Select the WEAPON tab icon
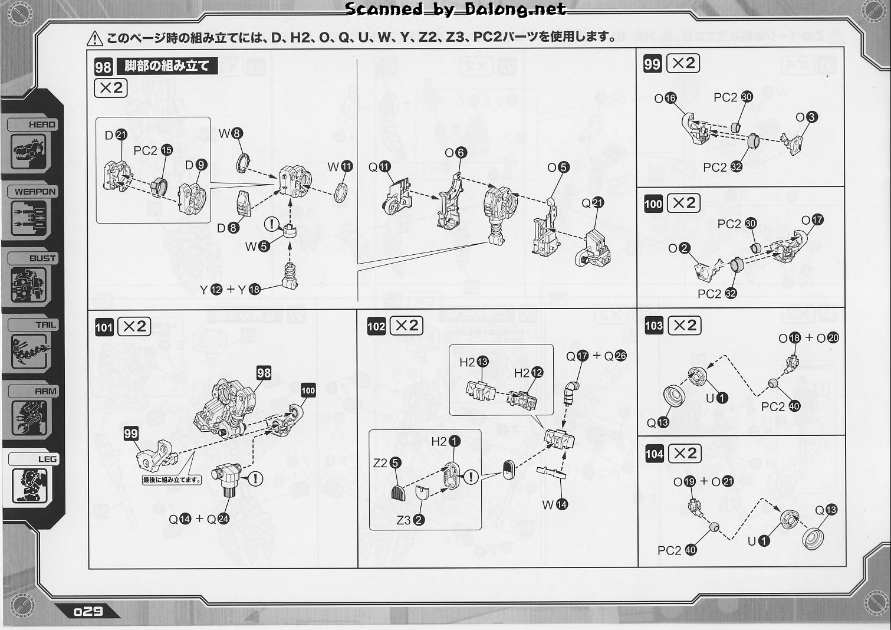click(x=29, y=218)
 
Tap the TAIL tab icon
click(x=29, y=352)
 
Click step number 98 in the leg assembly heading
click(x=103, y=67)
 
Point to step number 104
click(x=654, y=454)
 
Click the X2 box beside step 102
click(x=407, y=326)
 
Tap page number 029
click(x=88, y=611)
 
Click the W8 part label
click(x=230, y=134)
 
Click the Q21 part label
click(x=593, y=203)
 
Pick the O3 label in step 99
click(x=806, y=117)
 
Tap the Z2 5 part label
click(x=387, y=463)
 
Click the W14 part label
click(x=554, y=504)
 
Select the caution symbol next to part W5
click(x=271, y=224)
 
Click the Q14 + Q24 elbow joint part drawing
click(x=228, y=478)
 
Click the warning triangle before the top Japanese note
click(x=94, y=39)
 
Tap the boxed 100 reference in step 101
click(x=308, y=391)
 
